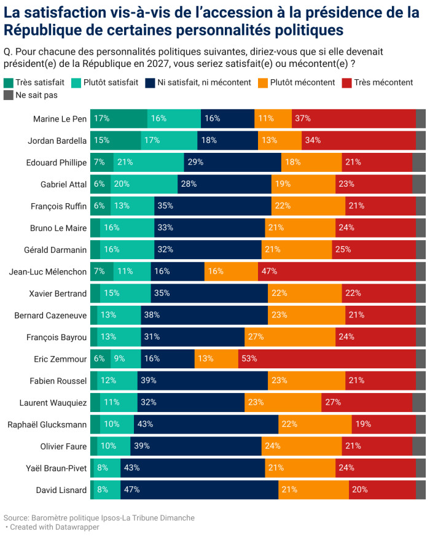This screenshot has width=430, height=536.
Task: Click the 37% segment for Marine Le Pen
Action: [x=353, y=118]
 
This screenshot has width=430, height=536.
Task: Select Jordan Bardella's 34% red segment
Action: [x=358, y=140]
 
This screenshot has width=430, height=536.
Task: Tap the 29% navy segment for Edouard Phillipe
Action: [x=233, y=162]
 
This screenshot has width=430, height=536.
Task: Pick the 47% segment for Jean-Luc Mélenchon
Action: [x=337, y=271]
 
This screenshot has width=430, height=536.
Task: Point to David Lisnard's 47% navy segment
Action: [x=200, y=489]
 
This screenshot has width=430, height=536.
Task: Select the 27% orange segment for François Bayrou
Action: [x=290, y=336]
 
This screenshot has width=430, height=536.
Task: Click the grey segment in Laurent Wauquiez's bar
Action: [x=419, y=402]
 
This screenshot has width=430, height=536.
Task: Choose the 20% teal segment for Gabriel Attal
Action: [x=144, y=184]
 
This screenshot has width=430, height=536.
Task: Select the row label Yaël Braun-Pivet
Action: [x=53, y=467]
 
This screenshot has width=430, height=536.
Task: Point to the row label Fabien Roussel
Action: [x=58, y=381]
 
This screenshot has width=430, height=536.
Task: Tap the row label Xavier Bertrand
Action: [x=58, y=293]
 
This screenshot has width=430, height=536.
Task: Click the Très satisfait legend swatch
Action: [x=8, y=82]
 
